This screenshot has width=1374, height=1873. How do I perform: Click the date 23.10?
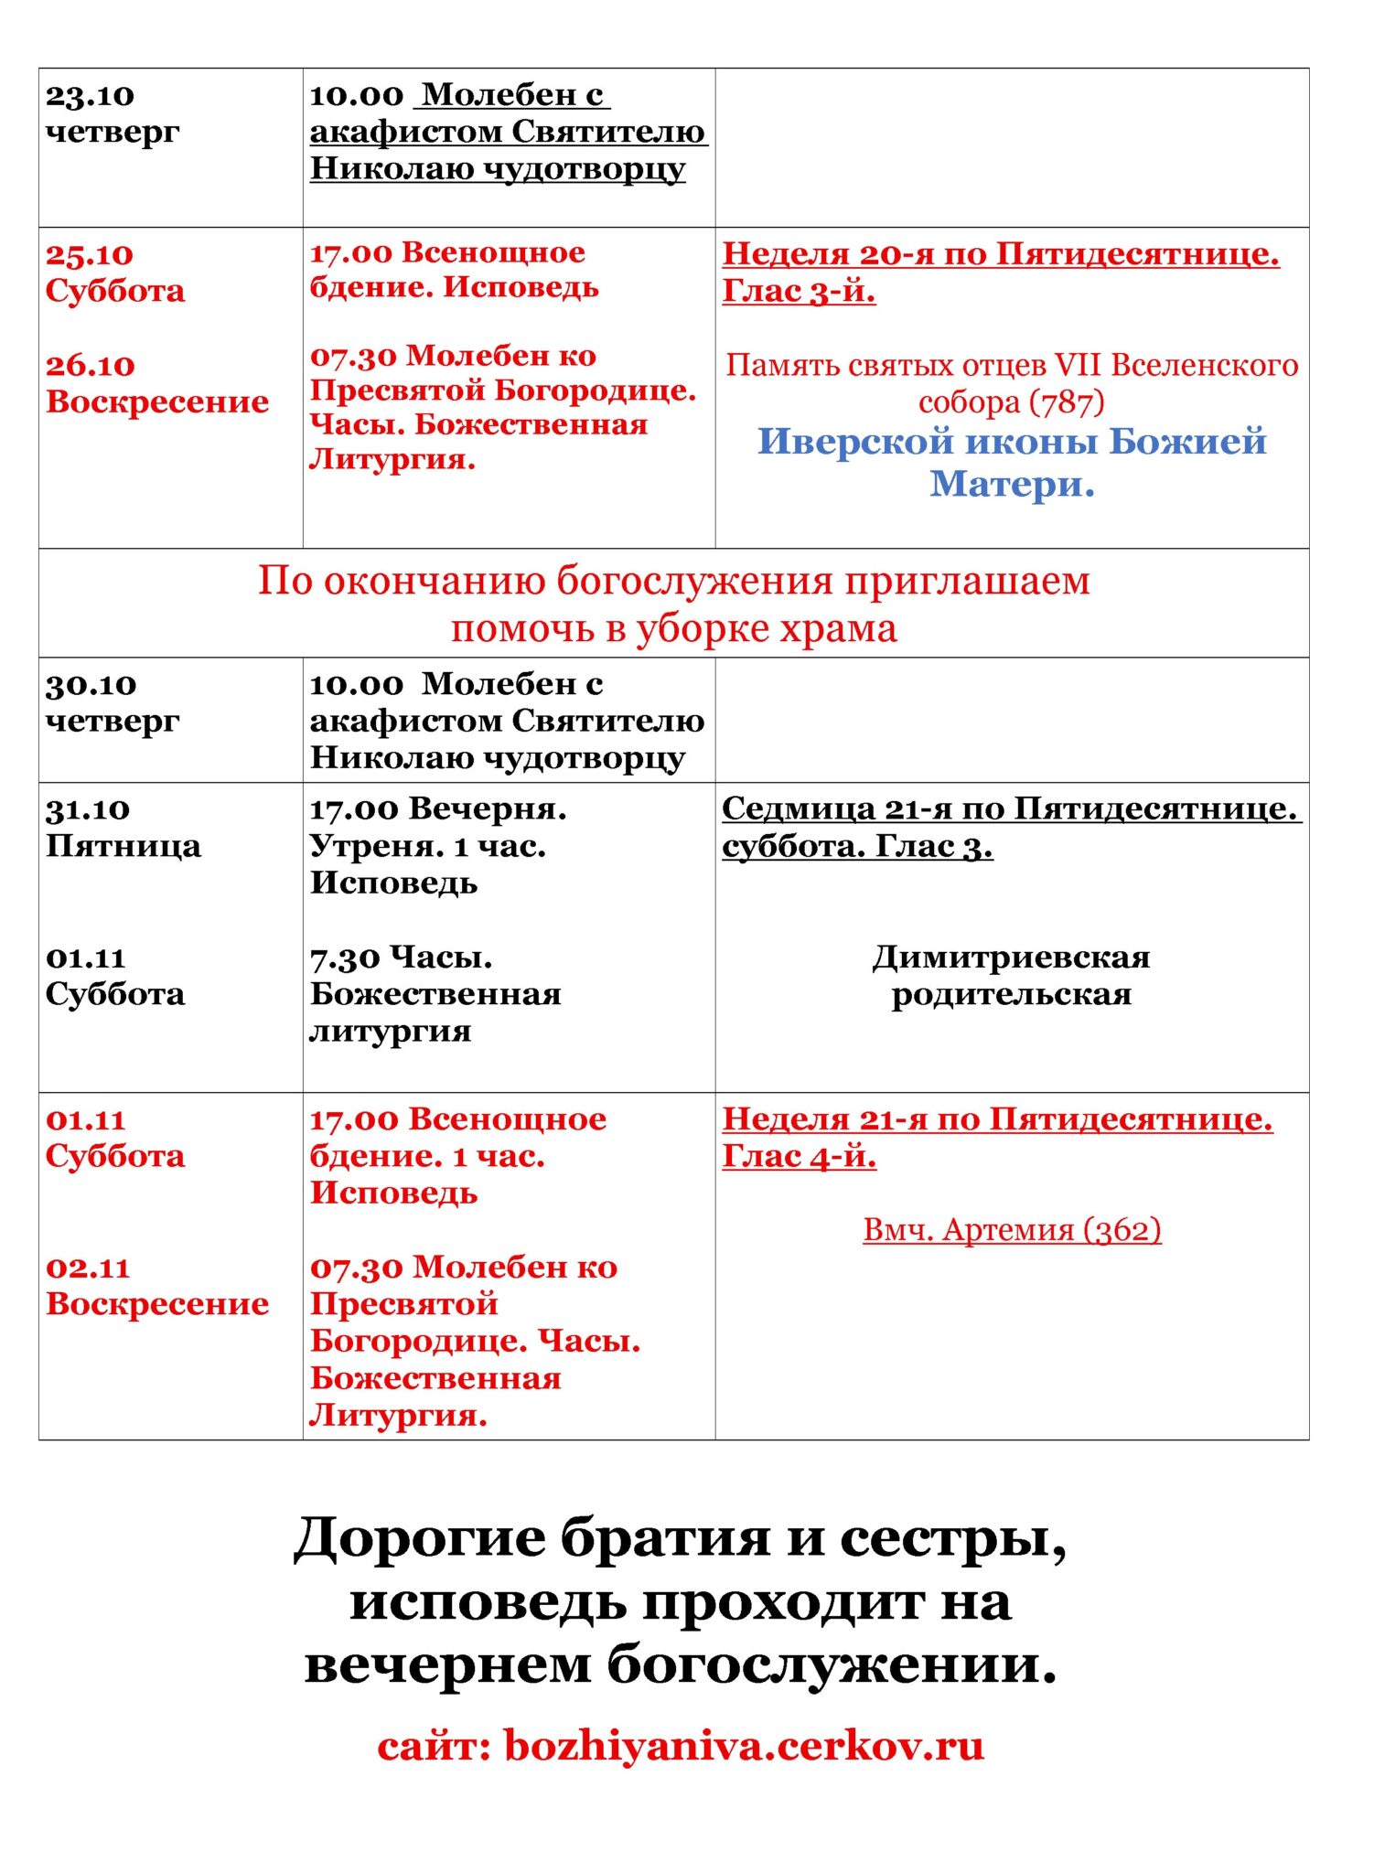tap(90, 95)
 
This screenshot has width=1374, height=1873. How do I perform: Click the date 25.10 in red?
tap(90, 254)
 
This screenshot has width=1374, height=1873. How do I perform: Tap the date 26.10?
tap(90, 365)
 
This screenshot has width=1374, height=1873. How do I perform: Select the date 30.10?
tap(91, 684)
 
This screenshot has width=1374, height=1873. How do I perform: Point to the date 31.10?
tap(88, 809)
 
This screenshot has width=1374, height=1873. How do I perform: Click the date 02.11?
tap(88, 1268)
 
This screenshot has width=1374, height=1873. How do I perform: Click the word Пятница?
tap(123, 846)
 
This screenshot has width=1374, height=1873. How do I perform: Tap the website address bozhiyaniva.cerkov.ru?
tap(744, 1745)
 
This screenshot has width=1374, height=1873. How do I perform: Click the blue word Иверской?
tap(855, 442)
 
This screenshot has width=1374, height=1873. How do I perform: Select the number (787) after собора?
tap(1067, 402)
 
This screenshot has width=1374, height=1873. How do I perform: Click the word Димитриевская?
tap(1011, 958)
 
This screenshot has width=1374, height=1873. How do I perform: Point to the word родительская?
tap(1011, 994)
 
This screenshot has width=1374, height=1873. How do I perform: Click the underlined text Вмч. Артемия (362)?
tap(1012, 1229)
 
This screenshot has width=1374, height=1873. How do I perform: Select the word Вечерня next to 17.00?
tap(487, 809)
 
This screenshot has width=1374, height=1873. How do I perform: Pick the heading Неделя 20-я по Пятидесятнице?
tap(1001, 254)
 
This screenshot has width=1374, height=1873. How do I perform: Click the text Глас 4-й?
tap(799, 1157)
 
